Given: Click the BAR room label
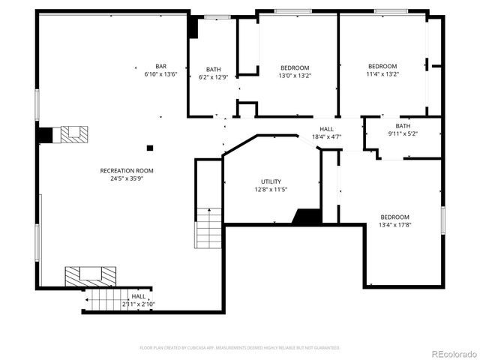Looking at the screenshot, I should [x=160, y=66].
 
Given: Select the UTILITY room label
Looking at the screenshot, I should [x=271, y=181].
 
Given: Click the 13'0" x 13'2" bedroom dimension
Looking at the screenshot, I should [x=295, y=76].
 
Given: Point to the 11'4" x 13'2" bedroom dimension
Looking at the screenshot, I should [x=382, y=74].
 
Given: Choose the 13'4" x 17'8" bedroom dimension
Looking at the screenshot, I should [x=394, y=225].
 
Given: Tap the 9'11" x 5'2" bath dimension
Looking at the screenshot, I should [x=403, y=134].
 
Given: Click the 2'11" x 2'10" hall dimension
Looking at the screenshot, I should [x=139, y=304].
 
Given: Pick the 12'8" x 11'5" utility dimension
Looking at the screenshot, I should [x=271, y=190].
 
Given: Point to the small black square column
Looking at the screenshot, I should [x=150, y=148].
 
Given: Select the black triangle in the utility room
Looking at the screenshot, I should [x=307, y=217].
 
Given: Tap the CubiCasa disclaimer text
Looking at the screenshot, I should [x=240, y=348].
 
